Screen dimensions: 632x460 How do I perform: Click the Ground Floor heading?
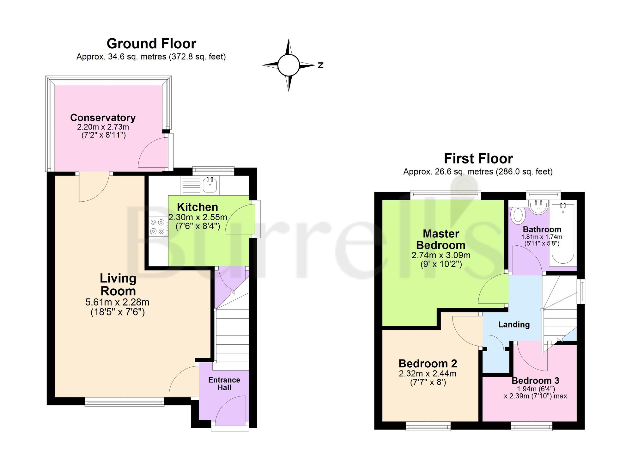[x=151, y=44]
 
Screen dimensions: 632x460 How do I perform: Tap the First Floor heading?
[x=478, y=158]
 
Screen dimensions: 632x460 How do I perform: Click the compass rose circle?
[x=289, y=65]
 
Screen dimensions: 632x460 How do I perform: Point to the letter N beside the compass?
[x=321, y=65]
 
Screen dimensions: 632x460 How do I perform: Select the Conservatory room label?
[x=103, y=118]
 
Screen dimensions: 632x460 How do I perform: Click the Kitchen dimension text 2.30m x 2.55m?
[x=198, y=218]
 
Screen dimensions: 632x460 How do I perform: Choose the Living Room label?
[x=118, y=285]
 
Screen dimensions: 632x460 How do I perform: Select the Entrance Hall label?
[x=224, y=383]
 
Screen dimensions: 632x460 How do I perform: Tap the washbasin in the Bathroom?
[x=538, y=207]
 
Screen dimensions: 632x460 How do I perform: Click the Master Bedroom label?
[x=441, y=239]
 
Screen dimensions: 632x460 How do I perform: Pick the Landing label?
[x=514, y=324]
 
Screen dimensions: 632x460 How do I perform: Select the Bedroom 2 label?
[x=428, y=364]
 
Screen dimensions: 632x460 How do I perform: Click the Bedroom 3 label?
[x=535, y=381]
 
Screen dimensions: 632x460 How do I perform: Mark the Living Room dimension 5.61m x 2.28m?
[x=118, y=302]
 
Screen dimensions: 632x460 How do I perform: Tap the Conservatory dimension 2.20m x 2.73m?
[x=103, y=127]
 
